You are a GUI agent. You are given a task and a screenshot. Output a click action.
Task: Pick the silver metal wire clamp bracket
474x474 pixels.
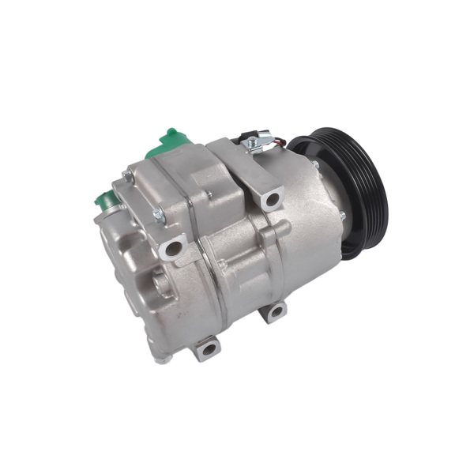click(257, 146)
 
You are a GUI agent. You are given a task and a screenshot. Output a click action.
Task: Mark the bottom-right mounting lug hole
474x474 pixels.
click(274, 312)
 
